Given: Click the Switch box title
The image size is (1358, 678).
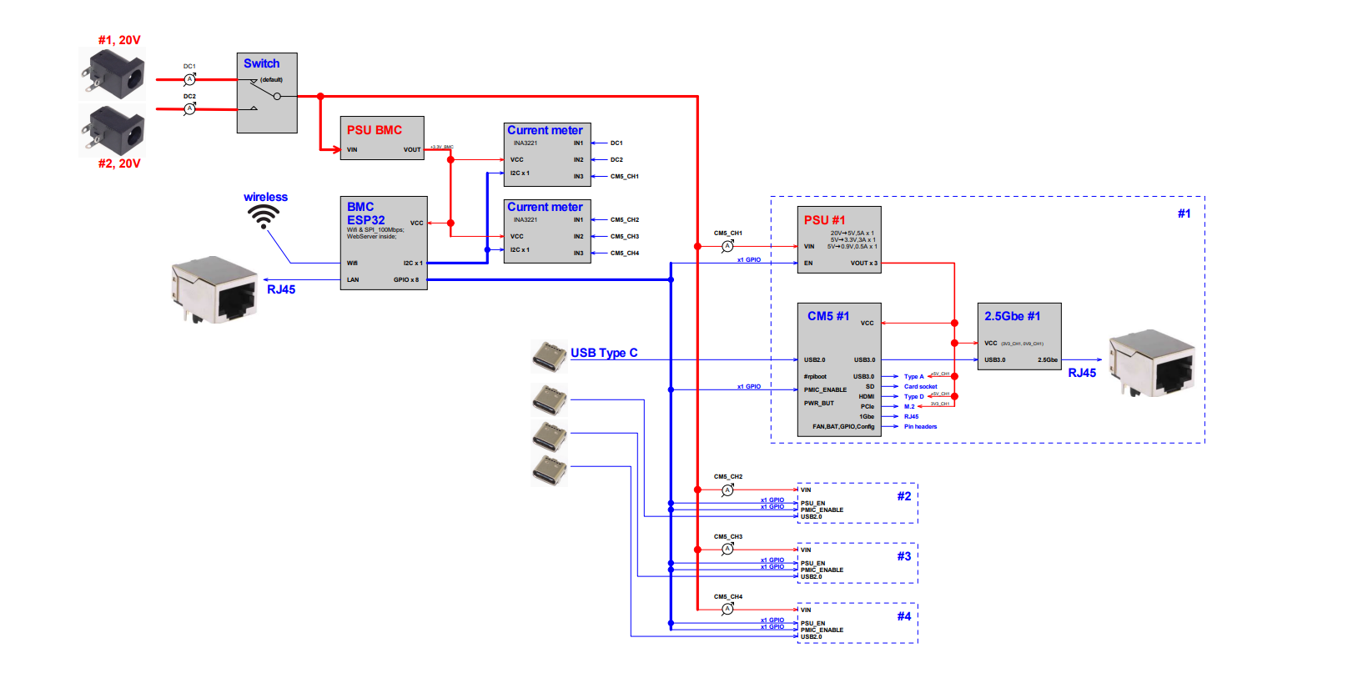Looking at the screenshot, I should coord(261,63).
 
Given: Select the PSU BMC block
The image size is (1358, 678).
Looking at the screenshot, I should coord(382,138).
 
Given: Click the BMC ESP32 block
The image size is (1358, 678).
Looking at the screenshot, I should coord(384,243).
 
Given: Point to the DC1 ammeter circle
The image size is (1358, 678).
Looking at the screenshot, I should coord(189,79).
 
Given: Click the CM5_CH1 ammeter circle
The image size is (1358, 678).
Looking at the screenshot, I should coord(727,246).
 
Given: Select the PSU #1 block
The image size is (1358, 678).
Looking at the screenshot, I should coord(838,240).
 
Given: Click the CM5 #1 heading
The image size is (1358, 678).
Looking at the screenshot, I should coord(827,316).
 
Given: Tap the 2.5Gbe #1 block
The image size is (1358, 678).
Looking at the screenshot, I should coord(1018,336).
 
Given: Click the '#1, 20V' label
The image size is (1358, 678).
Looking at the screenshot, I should coord(119,40).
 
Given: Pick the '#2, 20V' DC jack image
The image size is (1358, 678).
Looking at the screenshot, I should coord(113,130).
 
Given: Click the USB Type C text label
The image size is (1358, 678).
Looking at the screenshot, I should coord(604,353).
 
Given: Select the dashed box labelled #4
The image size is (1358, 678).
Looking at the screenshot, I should coord(858,622).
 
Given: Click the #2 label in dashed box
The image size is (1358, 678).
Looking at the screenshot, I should coord(904,496).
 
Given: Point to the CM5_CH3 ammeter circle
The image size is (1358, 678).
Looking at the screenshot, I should coord(727,550).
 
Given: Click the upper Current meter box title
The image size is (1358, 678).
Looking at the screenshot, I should coord(545,130).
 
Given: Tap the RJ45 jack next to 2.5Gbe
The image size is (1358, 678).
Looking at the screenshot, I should coord(1150,363).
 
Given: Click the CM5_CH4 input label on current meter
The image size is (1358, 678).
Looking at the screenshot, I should coord(624,253).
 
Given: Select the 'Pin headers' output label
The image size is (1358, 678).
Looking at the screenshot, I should coord(920,426).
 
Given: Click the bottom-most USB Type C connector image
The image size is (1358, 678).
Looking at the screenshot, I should coord(549,470).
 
